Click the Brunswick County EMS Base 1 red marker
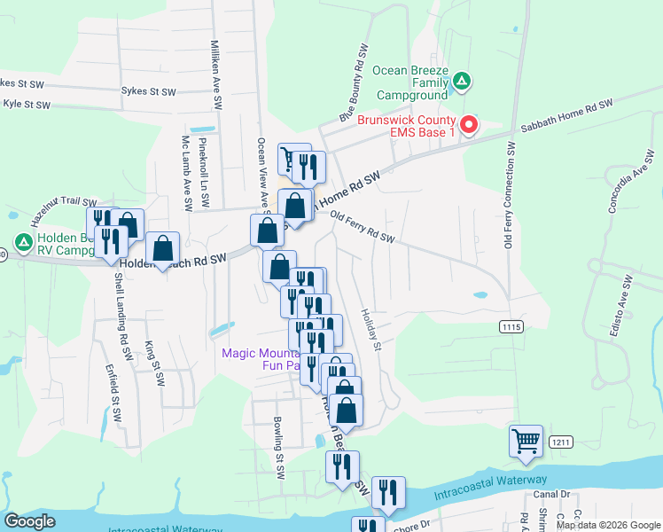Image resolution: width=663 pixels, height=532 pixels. pos(470,125)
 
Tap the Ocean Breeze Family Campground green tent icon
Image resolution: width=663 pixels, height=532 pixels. pos(461,83)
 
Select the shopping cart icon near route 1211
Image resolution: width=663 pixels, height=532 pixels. pos(526,440)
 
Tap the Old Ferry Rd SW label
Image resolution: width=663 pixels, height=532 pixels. pos(361,227)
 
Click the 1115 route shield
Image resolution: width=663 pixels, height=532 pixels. pos(511,327)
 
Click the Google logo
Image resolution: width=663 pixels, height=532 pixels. pos(29,521)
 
